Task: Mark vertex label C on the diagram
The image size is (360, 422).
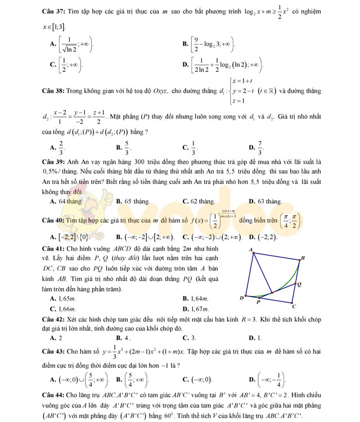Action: tap(293, 307)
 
